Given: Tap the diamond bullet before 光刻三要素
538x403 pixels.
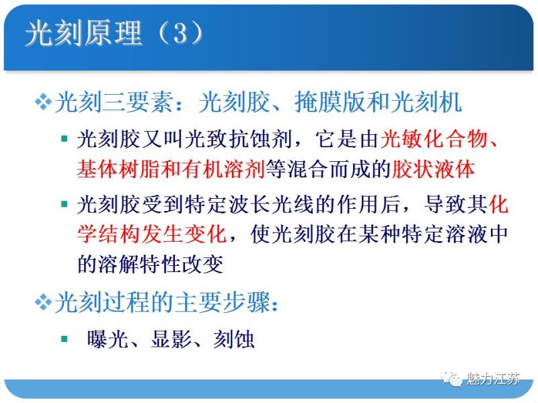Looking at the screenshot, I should (42, 103).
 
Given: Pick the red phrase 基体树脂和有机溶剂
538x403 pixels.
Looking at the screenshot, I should (171, 169).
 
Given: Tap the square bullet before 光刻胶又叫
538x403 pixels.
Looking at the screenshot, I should (64, 139).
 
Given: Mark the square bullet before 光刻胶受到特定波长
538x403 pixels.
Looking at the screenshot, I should (64, 204).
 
